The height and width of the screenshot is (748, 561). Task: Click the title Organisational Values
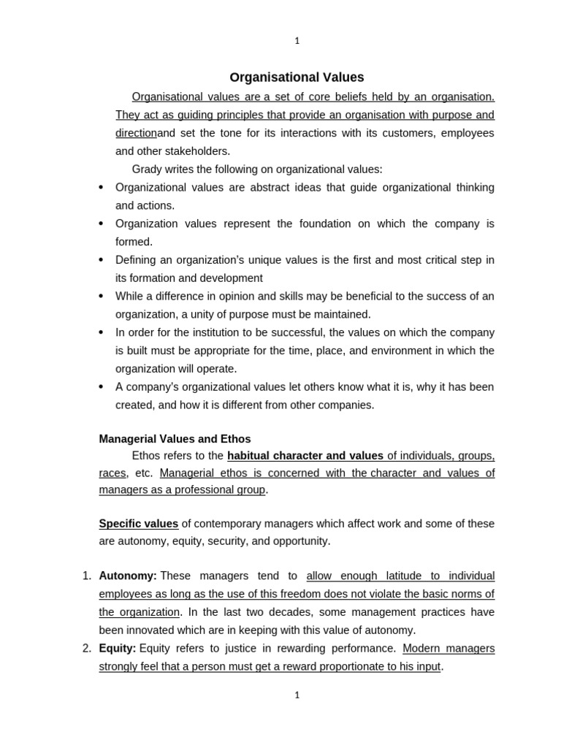pos(297,77)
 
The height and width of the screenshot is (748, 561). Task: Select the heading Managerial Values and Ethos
pos(175,439)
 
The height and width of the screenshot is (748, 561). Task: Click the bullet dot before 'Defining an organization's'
pos(101,260)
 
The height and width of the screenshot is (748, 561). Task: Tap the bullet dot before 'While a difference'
pos(101,297)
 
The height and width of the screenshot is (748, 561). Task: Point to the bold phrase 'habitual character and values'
pos(305,456)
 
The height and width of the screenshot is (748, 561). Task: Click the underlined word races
pos(112,473)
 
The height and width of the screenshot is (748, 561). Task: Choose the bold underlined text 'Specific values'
pos(139,524)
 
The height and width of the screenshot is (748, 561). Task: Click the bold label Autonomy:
pos(128,576)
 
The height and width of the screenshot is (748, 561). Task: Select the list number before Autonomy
pos(86,576)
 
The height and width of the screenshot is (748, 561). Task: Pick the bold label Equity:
pos(118,649)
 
